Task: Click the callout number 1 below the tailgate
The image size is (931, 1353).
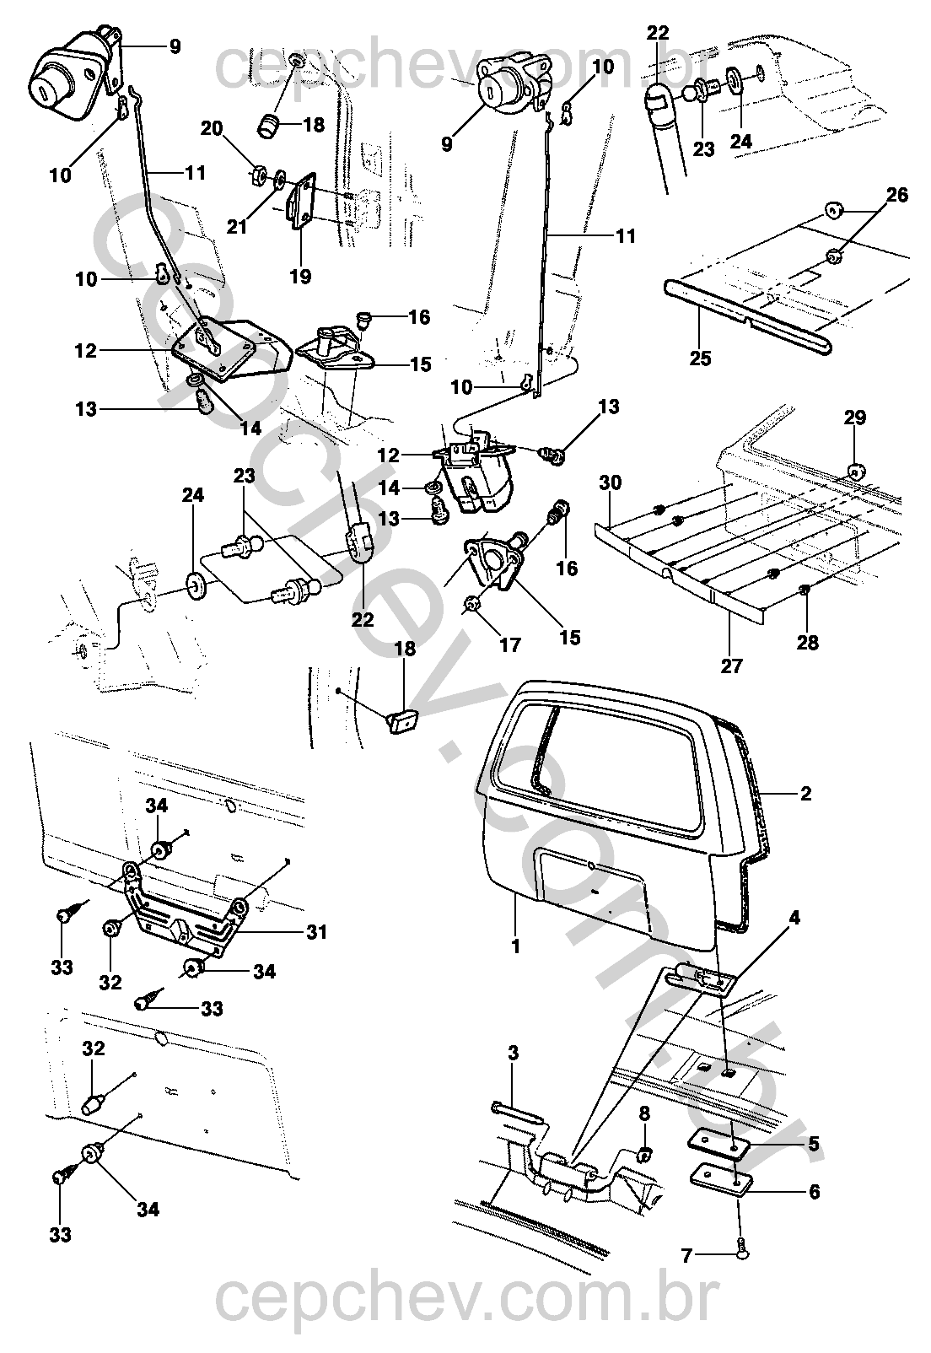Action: click(x=515, y=946)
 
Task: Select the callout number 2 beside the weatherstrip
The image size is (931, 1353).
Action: click(x=805, y=794)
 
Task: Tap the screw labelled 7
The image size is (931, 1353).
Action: click(x=741, y=1253)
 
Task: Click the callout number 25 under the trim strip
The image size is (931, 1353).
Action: click(x=700, y=358)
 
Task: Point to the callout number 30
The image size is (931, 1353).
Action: click(x=611, y=483)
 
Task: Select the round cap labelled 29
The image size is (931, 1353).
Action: click(x=855, y=472)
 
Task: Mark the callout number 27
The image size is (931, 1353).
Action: click(x=731, y=666)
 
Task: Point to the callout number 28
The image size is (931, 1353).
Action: click(x=807, y=642)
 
